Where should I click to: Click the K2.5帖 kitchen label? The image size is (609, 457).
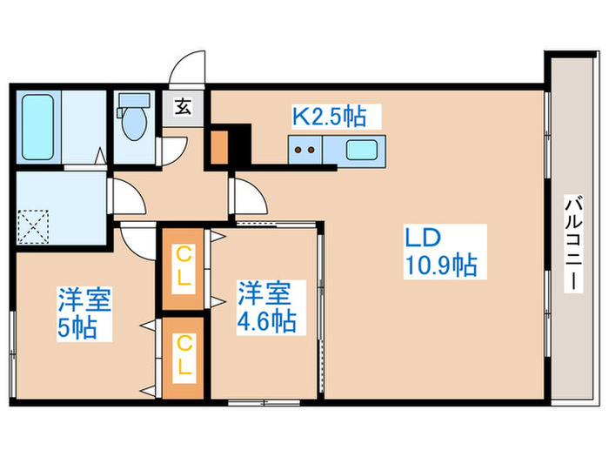coord(328,114)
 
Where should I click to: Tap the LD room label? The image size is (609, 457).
coord(425,237)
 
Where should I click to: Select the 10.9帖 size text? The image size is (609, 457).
coord(440,265)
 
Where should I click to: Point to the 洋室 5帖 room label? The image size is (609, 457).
coord(84,314)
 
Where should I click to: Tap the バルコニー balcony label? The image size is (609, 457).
coord(572,245)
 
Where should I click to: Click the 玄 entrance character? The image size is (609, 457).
coord(184,108)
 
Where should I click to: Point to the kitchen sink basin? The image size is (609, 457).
coord(363,149)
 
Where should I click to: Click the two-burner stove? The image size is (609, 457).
coord(305,150)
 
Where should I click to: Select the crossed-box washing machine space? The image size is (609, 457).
coord(35,225)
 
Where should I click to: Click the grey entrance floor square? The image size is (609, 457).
coord(184,109)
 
